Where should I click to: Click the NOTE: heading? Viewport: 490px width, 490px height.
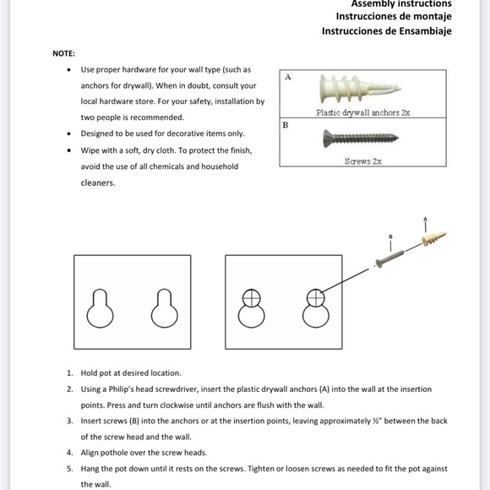pos(63,54)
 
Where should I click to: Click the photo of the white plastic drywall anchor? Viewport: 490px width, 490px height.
pos(360,89)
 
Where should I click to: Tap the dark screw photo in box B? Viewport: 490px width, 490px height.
pos(361,139)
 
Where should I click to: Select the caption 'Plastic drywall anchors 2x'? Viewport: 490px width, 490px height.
pos(362,112)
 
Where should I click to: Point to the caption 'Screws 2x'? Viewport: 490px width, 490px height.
pos(362,161)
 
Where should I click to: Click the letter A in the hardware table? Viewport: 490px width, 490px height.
pos(288,77)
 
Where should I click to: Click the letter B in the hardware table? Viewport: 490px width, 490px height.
pos(286,125)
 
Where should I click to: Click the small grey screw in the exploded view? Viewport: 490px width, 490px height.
pos(389,259)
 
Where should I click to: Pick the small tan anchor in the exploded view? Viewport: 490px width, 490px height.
pos(433,238)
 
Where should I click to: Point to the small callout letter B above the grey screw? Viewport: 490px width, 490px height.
pos(390,237)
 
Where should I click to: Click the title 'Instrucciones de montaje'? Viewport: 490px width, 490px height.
pos(394,16)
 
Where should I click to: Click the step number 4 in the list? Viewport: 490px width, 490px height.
pos(69,453)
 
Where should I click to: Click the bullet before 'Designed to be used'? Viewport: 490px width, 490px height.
pos(68,133)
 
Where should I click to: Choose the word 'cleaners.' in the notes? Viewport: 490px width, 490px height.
pos(98,182)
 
